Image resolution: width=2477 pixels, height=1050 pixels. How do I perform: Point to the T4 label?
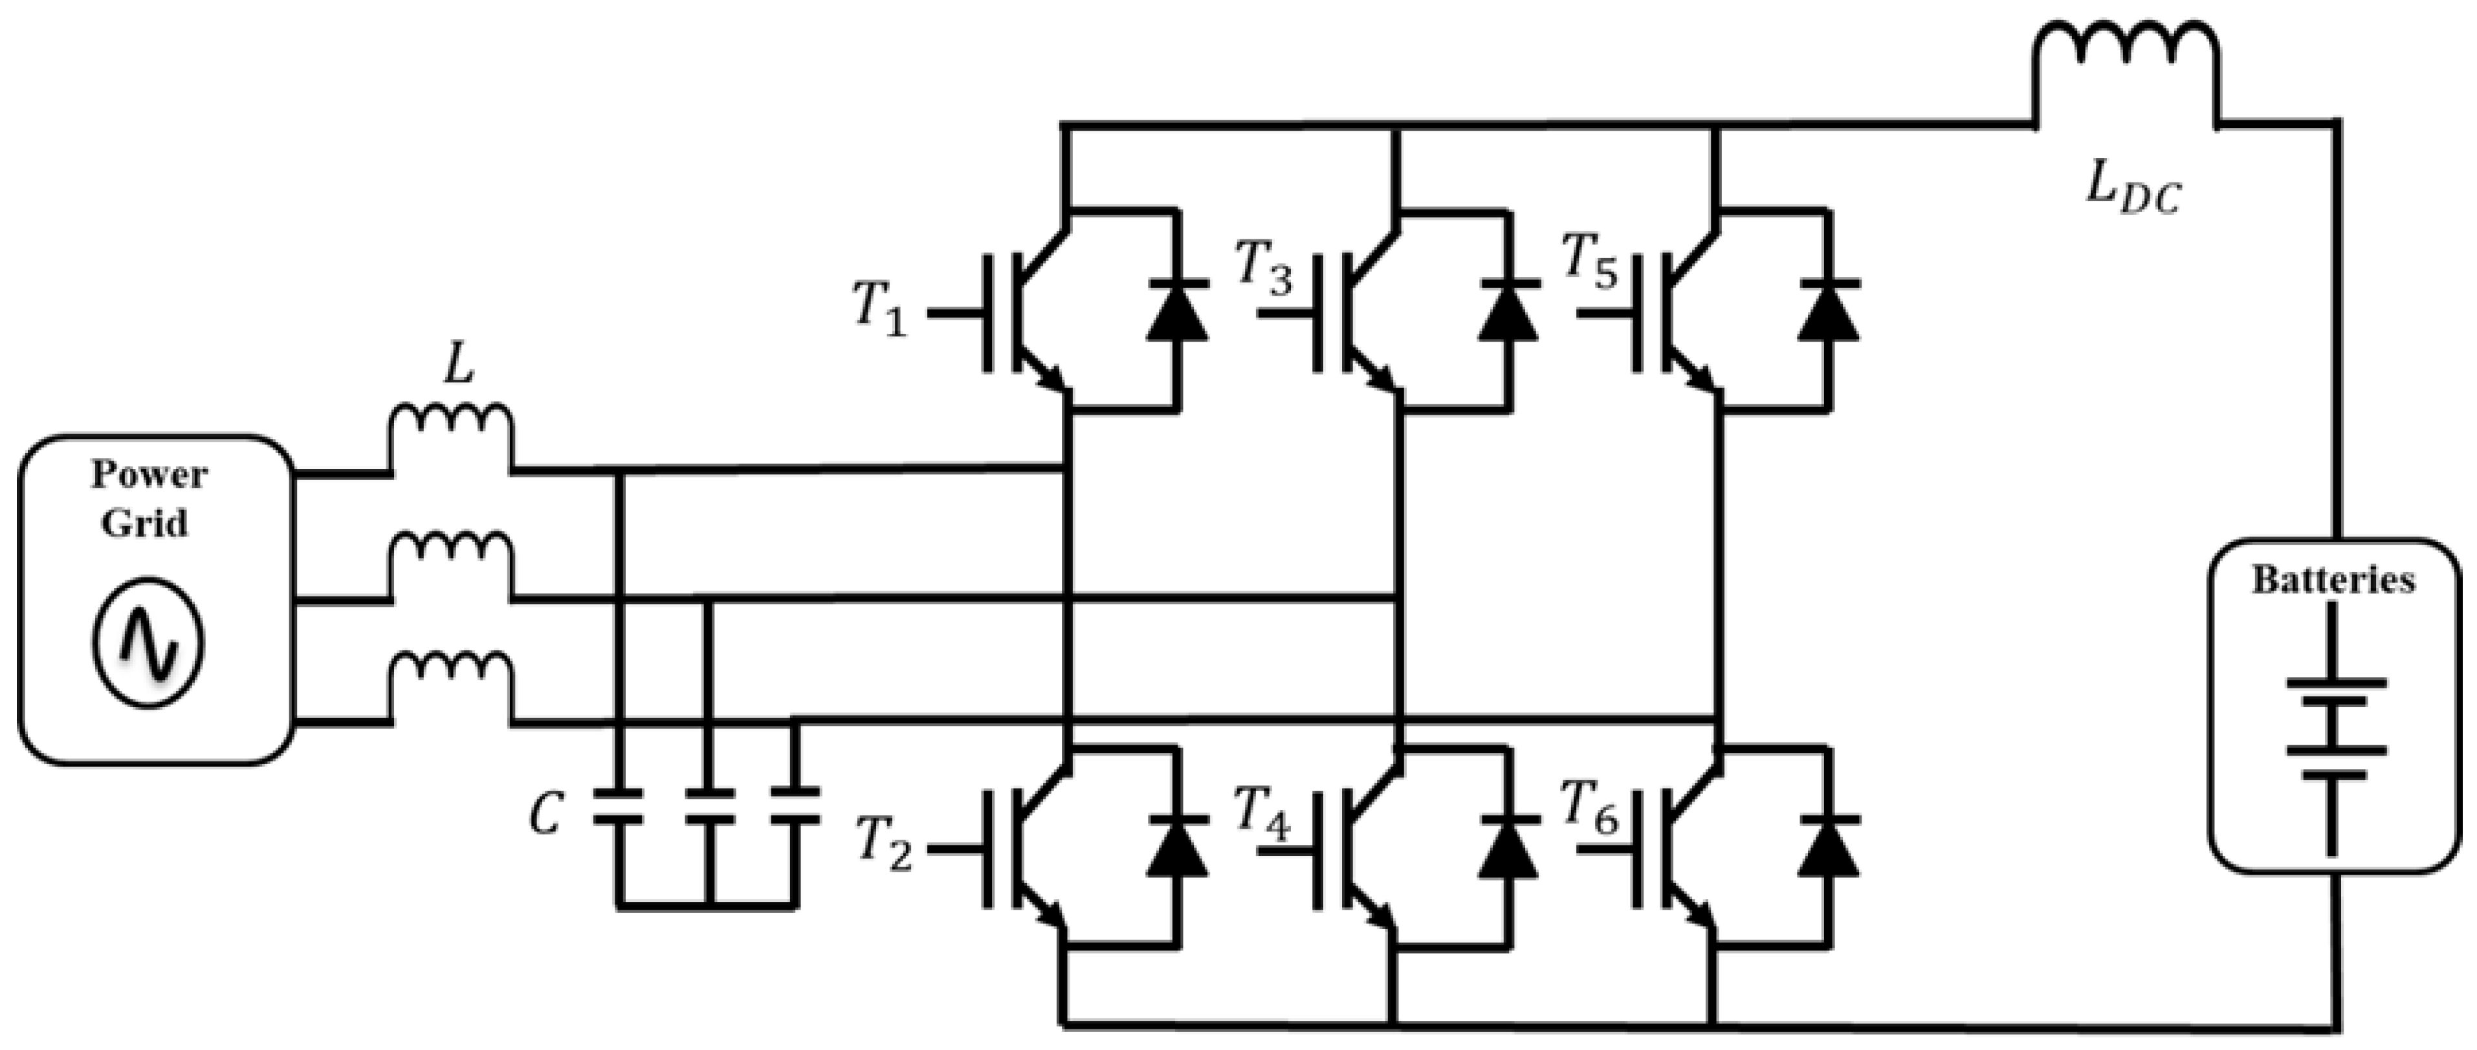click(x=1262, y=815)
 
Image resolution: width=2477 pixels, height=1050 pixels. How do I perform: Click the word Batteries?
click(x=2333, y=581)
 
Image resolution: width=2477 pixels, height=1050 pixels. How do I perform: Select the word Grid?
click(x=144, y=523)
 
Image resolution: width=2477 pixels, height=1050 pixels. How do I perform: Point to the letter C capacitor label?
click(x=545, y=817)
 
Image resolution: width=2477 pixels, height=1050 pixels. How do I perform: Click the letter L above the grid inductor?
click(x=459, y=366)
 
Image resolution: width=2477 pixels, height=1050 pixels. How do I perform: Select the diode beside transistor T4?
click(x=1507, y=846)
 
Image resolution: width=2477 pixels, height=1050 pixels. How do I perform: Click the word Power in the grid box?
click(x=149, y=475)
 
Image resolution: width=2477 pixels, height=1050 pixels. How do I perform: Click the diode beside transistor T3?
click(x=1507, y=311)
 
